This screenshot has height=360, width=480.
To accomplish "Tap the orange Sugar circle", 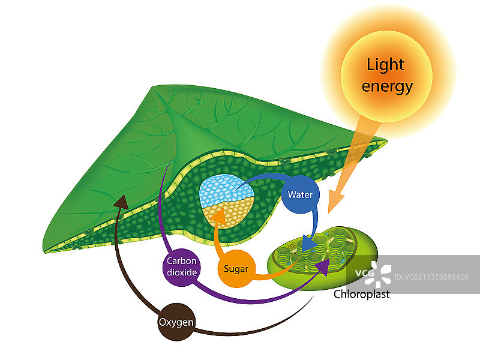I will pyautogui.click(x=236, y=268).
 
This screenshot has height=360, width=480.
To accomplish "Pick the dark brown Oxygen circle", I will pyautogui.click(x=176, y=322).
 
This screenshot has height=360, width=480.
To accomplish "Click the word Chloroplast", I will pyautogui.click(x=361, y=294).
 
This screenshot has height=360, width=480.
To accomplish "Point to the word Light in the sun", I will pyautogui.click(x=386, y=64).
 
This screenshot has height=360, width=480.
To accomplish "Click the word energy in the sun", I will pyautogui.click(x=387, y=86).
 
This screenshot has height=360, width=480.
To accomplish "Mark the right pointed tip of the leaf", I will pyautogui.click(x=386, y=142).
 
